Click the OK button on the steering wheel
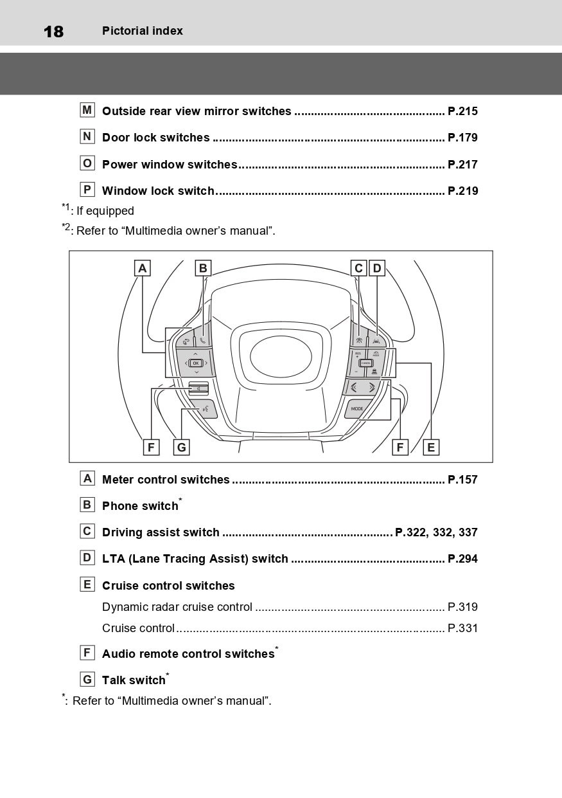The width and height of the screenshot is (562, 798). coord(195,363)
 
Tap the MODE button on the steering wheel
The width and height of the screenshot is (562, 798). coord(357,409)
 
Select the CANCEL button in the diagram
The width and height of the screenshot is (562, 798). coord(366,363)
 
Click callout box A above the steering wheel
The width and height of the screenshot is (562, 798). coord(143,268)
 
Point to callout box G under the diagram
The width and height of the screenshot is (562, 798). coord(181,447)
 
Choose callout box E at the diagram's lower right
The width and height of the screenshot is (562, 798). coord(431,447)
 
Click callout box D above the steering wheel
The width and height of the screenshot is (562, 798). coord(376,268)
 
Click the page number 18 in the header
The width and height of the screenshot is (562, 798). coord(53,32)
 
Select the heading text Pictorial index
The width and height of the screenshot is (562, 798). coord(143,31)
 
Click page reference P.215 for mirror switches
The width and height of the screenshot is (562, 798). coord(462,111)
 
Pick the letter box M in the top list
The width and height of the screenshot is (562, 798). coord(87,110)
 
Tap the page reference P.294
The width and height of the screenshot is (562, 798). coord(462,559)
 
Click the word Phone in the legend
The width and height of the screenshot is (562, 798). coord(120,506)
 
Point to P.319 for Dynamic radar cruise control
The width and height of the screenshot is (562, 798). coord(462,607)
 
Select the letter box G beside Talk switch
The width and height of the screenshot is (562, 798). coord(87,680)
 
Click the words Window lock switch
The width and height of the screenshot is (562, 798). coord(158,191)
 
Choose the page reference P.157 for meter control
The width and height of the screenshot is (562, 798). coord(462,480)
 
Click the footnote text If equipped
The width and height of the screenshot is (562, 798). coord(105,211)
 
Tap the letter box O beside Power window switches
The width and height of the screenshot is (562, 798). coord(87,163)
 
